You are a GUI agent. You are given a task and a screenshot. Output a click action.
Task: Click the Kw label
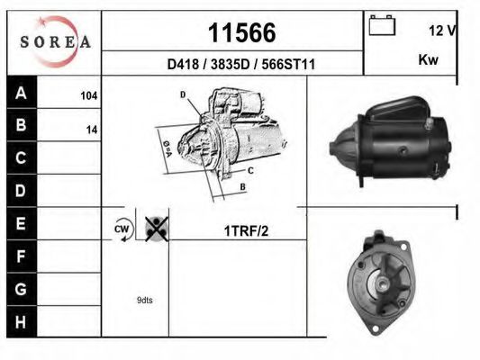(429, 60)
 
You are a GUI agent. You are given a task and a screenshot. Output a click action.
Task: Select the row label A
(22, 93)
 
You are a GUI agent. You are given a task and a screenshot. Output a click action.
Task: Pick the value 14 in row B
(91, 129)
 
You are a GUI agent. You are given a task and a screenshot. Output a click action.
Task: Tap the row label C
(22, 157)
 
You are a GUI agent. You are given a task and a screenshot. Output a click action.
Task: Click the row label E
(22, 222)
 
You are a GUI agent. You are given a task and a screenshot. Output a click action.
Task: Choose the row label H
(22, 320)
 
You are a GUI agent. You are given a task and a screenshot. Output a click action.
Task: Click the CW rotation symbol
(122, 229)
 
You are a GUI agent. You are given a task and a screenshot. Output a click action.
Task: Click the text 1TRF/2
(246, 231)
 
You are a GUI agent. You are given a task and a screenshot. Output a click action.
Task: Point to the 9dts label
(145, 300)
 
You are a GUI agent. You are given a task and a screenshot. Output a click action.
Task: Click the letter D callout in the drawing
(182, 94)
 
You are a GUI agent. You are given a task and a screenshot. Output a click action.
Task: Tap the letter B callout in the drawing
(243, 186)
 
